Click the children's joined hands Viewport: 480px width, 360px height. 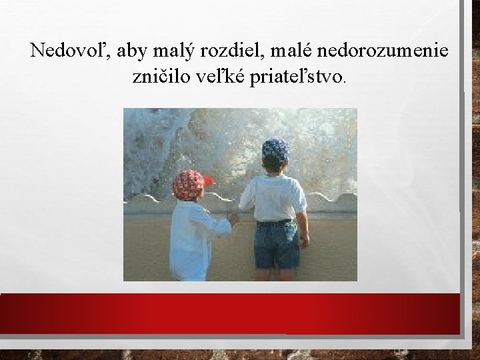tap(233, 217)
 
